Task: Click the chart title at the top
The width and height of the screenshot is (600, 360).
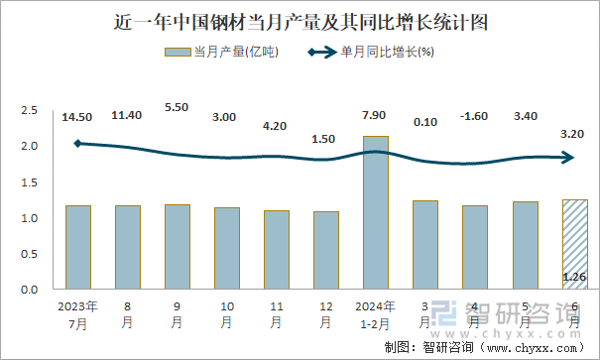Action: (x=300, y=20)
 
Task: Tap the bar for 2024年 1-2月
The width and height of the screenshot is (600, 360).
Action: (x=376, y=212)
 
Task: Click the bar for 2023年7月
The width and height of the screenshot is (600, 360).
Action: (x=78, y=247)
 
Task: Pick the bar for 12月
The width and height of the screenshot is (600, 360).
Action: (x=326, y=250)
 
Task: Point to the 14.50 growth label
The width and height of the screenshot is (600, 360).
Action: (x=77, y=117)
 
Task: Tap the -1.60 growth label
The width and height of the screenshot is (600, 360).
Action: (x=475, y=117)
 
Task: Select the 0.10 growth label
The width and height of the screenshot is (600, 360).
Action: (x=425, y=122)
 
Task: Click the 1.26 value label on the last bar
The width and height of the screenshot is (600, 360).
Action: (x=574, y=277)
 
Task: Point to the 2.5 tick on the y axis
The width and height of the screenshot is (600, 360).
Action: (x=29, y=110)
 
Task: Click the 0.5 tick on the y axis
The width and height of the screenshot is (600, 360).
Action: (x=29, y=254)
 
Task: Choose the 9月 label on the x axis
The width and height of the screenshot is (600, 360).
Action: (x=178, y=314)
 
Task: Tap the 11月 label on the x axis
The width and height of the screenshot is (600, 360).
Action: (x=277, y=314)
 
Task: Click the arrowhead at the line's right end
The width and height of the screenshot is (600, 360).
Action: (x=569, y=157)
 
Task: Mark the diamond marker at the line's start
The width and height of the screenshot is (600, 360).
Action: (x=78, y=144)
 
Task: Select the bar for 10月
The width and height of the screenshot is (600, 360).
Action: (x=227, y=248)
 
